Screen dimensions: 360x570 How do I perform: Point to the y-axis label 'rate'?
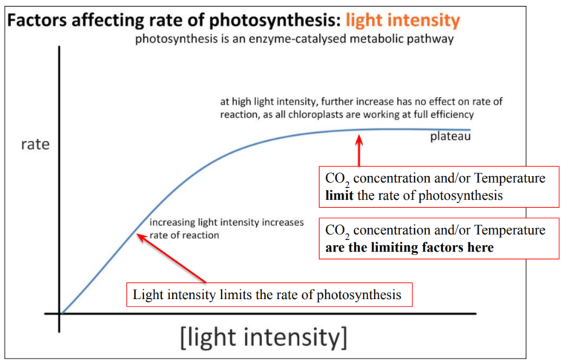[34, 144]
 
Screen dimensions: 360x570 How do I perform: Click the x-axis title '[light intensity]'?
[263, 337]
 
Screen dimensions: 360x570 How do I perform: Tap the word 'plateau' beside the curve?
[450, 137]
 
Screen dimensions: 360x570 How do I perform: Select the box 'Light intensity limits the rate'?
[267, 295]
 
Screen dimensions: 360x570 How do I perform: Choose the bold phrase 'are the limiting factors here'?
[409, 247]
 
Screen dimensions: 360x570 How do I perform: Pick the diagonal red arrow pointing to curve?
[171, 257]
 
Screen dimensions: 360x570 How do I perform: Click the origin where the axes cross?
[60, 313]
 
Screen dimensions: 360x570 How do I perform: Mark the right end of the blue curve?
[470, 130]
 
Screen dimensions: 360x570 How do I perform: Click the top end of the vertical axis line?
[59, 48]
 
